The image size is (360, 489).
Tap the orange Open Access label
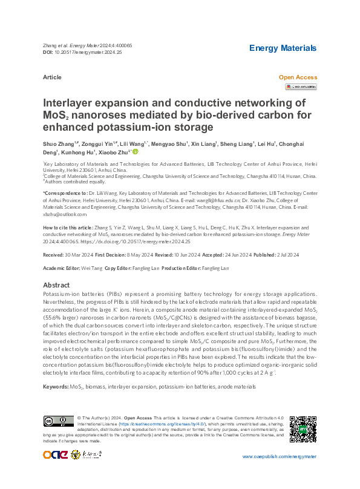click(298, 78)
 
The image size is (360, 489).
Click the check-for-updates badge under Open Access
click(301, 87)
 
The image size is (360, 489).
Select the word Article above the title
click(53, 78)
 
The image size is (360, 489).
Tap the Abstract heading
click(57, 285)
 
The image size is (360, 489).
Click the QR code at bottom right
click(303, 429)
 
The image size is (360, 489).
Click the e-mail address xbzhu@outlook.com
click(56, 214)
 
